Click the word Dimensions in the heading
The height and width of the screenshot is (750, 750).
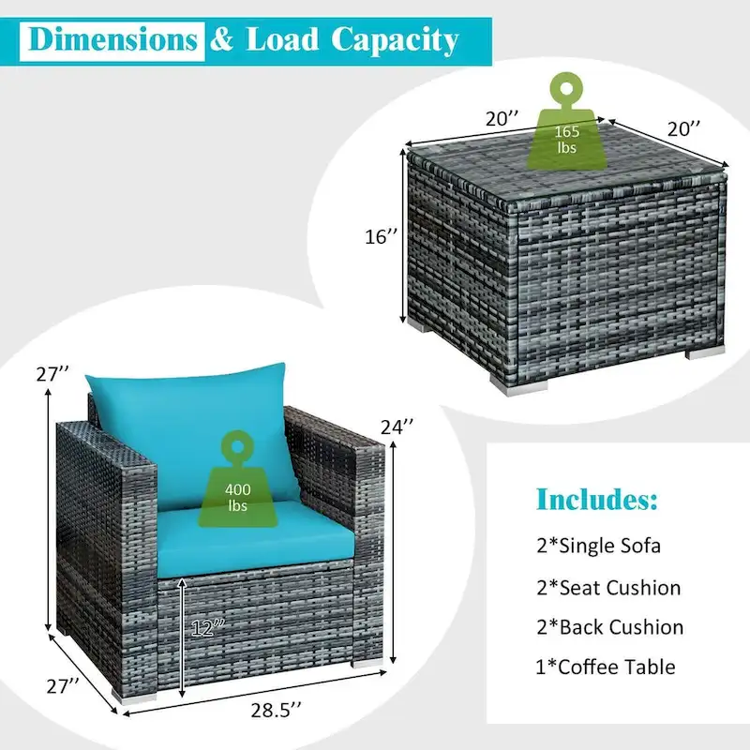pyautogui.click(x=112, y=39)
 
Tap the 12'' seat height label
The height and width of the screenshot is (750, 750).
pyautogui.click(x=205, y=627)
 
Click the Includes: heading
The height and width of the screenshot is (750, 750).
pyautogui.click(x=596, y=498)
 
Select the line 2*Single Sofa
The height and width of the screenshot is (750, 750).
pyautogui.click(x=599, y=546)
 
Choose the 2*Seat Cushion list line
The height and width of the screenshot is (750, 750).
pyautogui.click(x=607, y=588)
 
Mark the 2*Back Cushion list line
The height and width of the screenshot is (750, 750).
pyautogui.click(x=608, y=627)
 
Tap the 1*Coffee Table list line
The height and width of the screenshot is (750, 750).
pyautogui.click(x=605, y=667)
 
